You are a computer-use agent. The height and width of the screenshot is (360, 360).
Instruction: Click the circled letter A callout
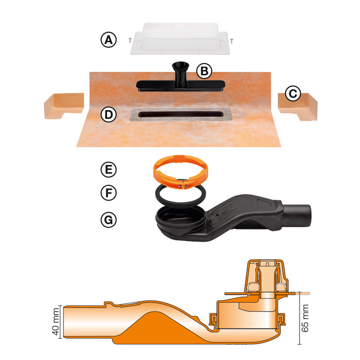point(108,40)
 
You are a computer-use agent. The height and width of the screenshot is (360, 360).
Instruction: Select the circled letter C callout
point(293,94)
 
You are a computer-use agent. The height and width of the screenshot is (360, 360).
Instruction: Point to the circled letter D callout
point(108,115)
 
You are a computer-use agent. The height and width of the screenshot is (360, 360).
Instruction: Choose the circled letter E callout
point(108,170)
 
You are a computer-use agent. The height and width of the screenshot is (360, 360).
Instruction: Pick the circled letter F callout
point(108,193)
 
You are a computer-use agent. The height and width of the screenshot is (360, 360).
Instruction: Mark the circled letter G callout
point(108,220)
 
